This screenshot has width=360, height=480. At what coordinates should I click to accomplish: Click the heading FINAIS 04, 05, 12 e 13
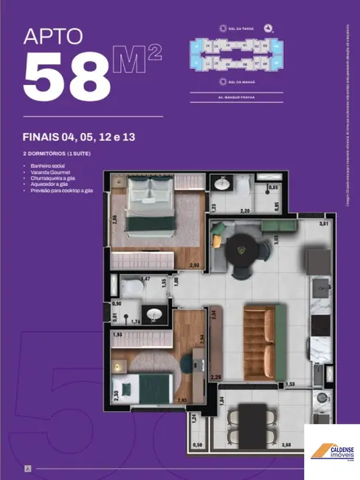(82, 137)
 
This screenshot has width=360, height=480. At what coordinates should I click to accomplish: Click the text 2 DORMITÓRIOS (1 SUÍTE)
(57, 152)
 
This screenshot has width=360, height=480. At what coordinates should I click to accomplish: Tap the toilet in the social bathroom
(132, 287)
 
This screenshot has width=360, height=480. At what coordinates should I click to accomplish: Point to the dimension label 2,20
(246, 211)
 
